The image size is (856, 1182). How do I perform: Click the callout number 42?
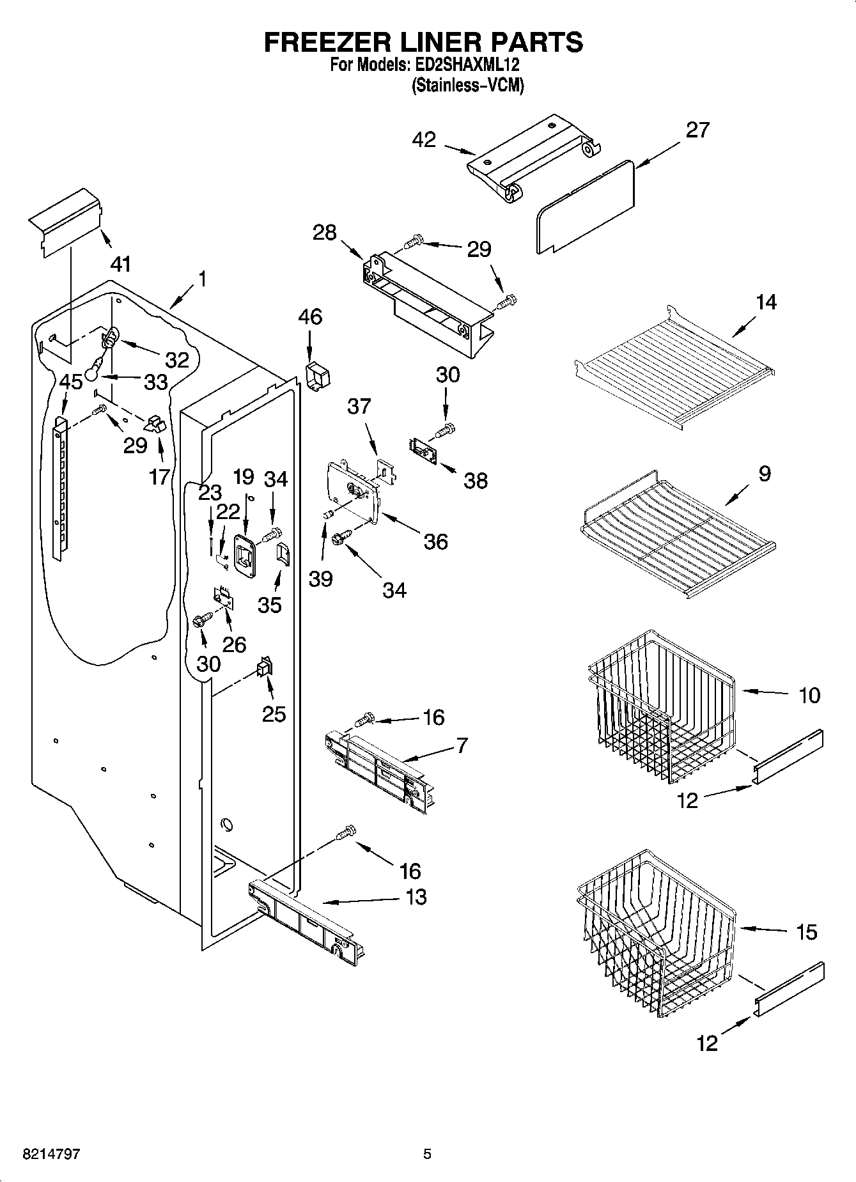(x=424, y=140)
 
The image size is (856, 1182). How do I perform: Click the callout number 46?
(x=310, y=317)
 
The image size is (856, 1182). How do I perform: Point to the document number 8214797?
(x=52, y=1155)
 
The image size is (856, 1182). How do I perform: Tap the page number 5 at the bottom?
(x=427, y=1155)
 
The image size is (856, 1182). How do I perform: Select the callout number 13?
(x=416, y=897)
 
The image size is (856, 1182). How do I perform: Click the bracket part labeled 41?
(x=65, y=221)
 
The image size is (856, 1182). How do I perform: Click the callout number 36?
(x=435, y=542)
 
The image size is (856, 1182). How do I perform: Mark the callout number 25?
(x=274, y=713)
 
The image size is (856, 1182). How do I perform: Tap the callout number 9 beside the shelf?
(x=765, y=474)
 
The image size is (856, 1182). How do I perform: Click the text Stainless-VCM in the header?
(x=467, y=85)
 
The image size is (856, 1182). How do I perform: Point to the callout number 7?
(x=462, y=745)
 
